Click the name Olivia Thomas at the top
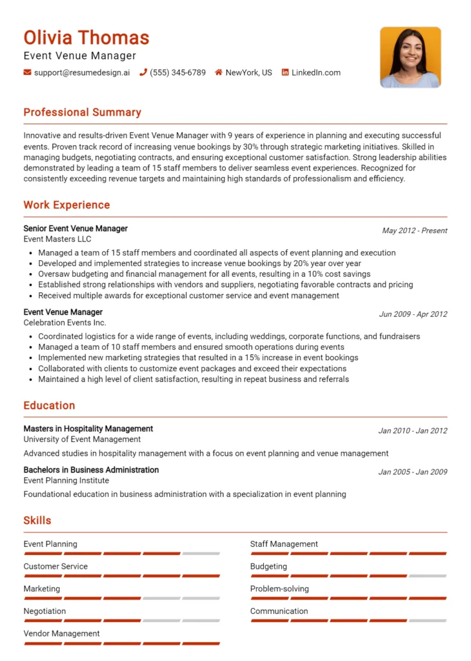point(86,37)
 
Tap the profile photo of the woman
point(410,57)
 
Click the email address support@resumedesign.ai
point(81,73)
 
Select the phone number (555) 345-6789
point(177,73)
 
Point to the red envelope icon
point(27,73)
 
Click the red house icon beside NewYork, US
point(219,73)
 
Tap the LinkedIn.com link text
point(316,73)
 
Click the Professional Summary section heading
point(82,112)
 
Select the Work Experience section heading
point(66,205)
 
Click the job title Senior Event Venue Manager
point(75,229)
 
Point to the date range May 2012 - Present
point(414,230)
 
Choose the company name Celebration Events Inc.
point(65,323)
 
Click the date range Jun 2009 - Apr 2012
point(413,314)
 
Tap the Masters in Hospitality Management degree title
point(88,429)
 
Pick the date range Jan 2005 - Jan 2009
point(412,472)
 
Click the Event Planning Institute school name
point(66,480)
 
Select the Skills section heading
point(37,520)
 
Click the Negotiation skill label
point(45,611)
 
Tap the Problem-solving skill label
point(279,589)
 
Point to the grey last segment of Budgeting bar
point(428,576)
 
